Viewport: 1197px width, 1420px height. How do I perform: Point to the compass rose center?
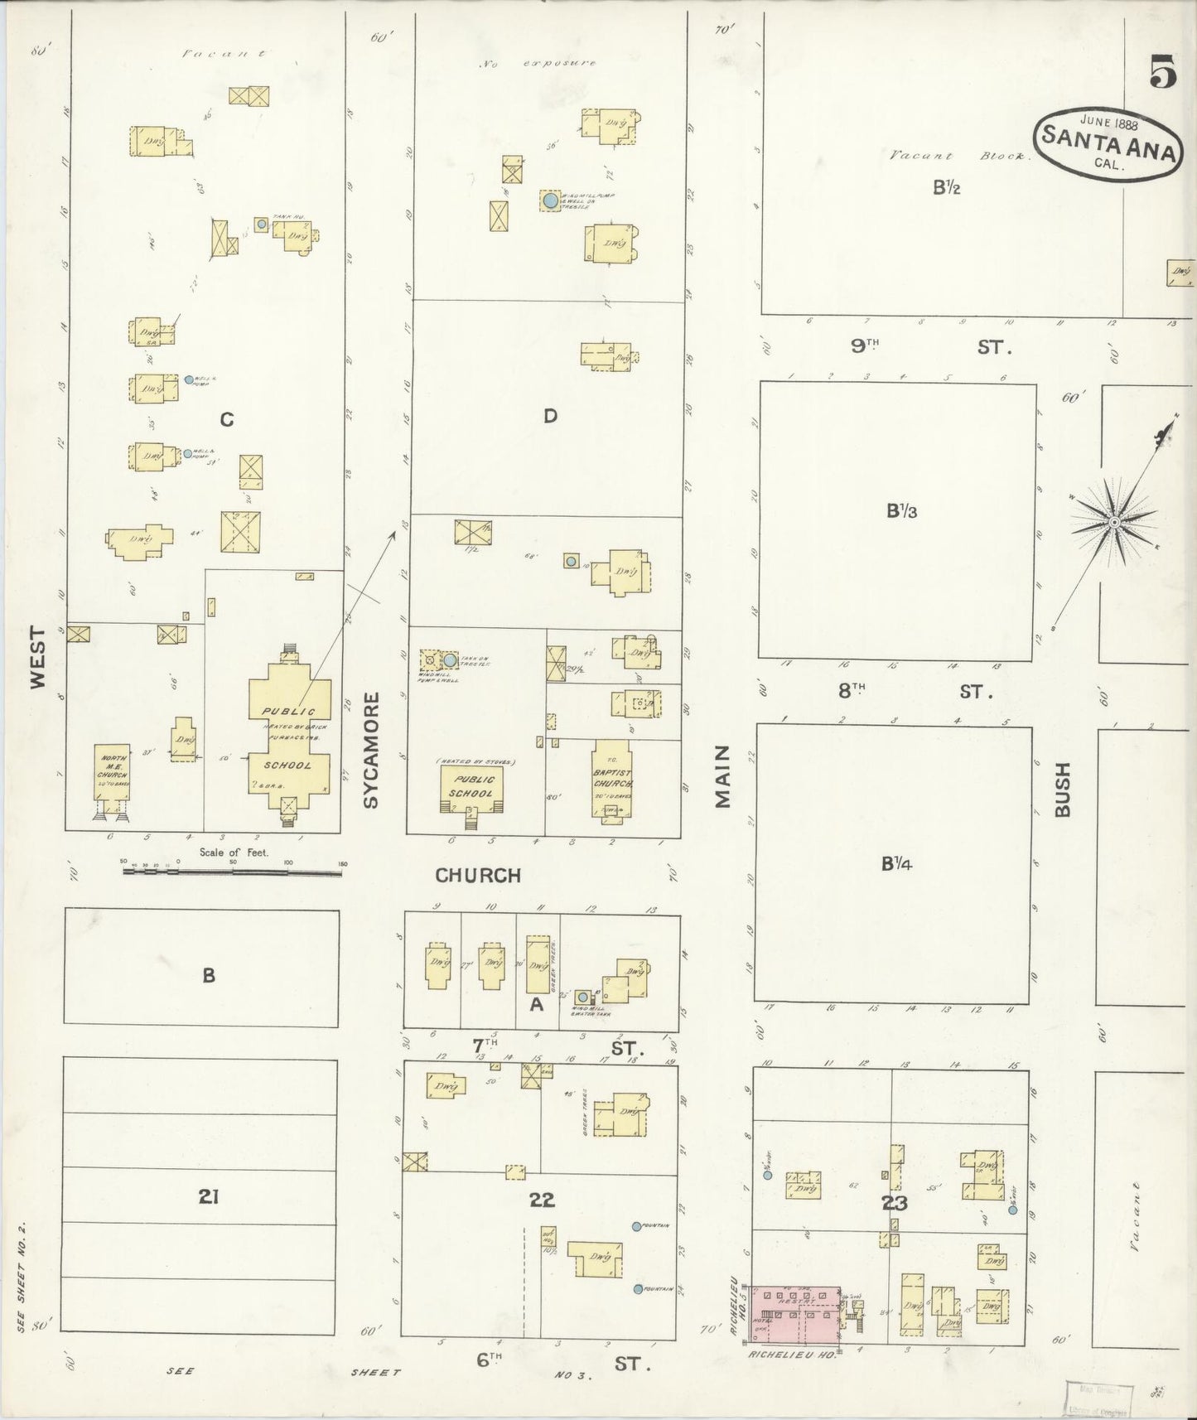pyautogui.click(x=1115, y=522)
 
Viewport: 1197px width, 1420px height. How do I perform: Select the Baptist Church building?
pyautogui.click(x=612, y=778)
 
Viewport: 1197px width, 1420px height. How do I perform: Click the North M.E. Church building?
pyautogui.click(x=113, y=771)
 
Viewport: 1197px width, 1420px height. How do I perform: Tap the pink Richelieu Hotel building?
pyautogui.click(x=796, y=1314)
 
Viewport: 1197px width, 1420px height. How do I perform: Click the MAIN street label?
pyautogui.click(x=722, y=776)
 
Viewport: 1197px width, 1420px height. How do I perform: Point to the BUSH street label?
pyautogui.click(x=1063, y=790)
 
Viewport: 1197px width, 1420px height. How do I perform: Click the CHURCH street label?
pyautogui.click(x=478, y=875)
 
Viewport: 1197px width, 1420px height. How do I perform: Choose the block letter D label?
pyautogui.click(x=550, y=416)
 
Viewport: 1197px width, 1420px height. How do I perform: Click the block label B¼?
pyautogui.click(x=897, y=864)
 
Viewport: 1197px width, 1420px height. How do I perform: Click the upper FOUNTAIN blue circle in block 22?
pyautogui.click(x=635, y=1226)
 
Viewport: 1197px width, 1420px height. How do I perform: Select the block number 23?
pyautogui.click(x=895, y=1203)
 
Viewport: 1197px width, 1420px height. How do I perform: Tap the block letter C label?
pyautogui.click(x=226, y=420)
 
